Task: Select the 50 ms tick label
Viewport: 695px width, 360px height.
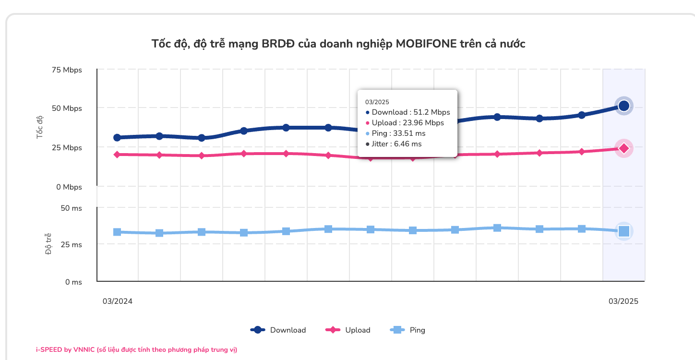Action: [71, 208]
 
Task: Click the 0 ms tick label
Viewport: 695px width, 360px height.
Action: [73, 282]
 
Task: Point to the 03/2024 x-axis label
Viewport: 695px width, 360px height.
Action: [118, 301]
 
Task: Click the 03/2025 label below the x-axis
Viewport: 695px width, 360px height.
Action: [623, 301]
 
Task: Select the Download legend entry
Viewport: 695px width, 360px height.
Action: [278, 330]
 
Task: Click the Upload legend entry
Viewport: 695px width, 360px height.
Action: [348, 330]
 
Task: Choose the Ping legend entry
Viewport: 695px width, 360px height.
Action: [408, 330]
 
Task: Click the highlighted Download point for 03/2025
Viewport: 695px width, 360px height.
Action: [623, 106]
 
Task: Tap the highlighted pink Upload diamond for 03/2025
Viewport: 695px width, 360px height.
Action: [623, 148]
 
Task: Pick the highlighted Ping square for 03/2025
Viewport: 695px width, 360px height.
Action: [623, 231]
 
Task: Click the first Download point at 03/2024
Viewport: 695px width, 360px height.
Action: [117, 138]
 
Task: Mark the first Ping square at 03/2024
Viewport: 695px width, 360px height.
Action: [117, 232]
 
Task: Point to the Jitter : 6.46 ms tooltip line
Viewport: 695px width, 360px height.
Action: [396, 144]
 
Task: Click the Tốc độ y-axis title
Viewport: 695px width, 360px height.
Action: [40, 127]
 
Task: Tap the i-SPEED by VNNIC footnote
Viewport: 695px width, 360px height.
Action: [136, 350]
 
